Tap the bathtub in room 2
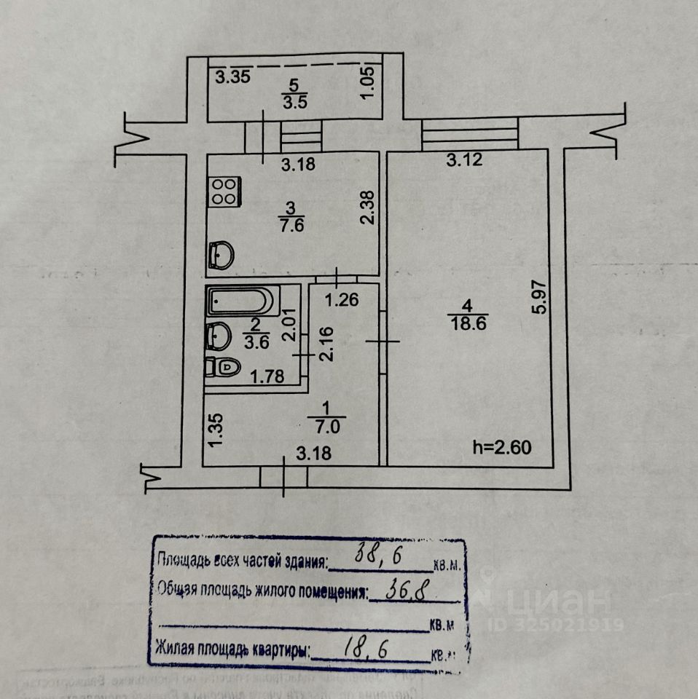241,301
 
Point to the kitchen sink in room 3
221,255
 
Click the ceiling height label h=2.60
503,446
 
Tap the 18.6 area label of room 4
468,324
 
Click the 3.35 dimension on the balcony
233,76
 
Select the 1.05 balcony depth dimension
369,82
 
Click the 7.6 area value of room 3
296,224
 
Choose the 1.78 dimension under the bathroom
265,376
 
